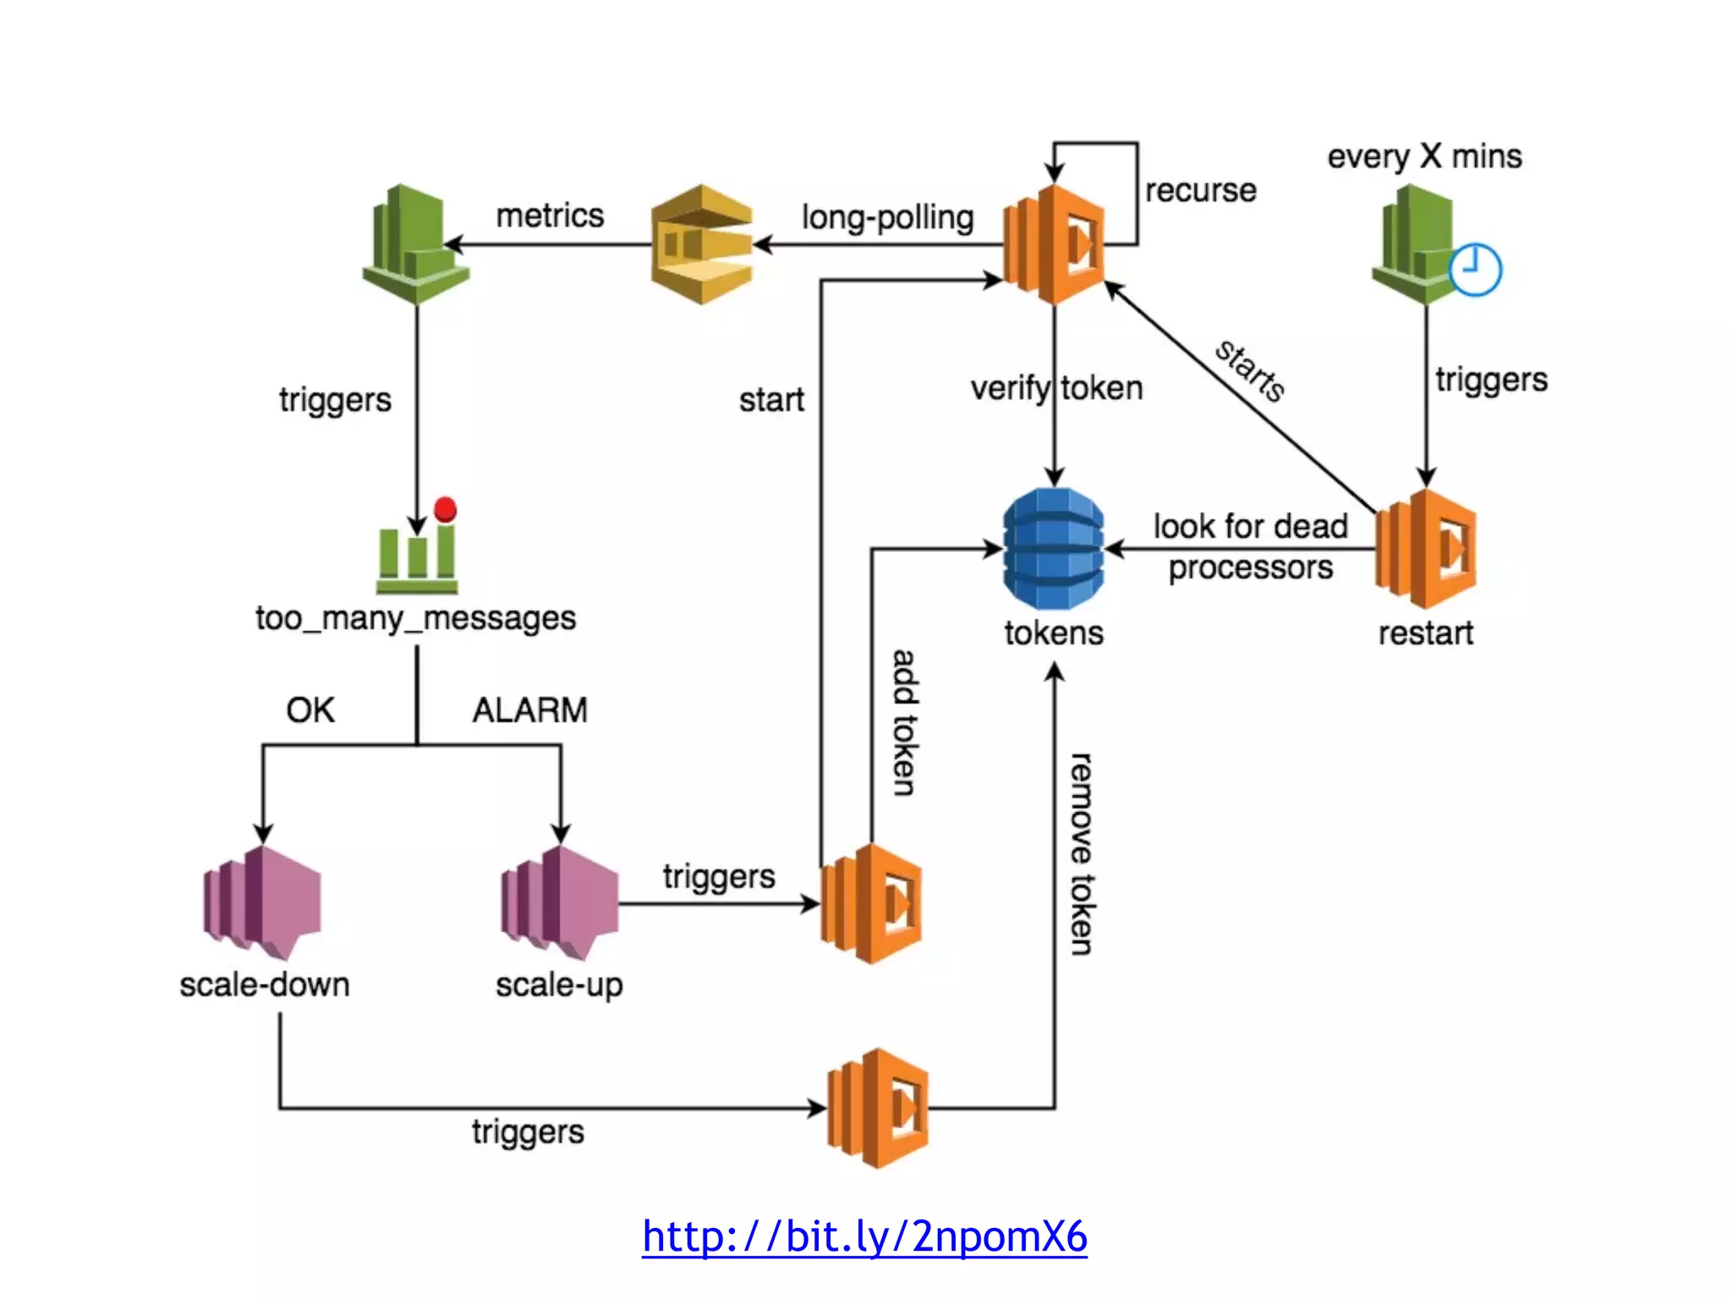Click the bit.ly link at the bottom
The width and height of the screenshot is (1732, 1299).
(x=864, y=1236)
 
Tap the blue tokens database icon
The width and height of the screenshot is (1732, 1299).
(x=1053, y=549)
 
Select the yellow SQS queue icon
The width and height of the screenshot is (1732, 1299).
(x=702, y=244)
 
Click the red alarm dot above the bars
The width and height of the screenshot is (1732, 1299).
(x=445, y=509)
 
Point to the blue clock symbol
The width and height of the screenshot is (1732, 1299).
(x=1475, y=270)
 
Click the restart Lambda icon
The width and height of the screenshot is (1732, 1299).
(x=1427, y=549)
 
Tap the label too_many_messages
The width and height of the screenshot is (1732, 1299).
(x=415, y=618)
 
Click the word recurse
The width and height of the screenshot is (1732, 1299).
(x=1200, y=190)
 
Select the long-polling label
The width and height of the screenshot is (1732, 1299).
(x=887, y=217)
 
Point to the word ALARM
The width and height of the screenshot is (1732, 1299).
(x=529, y=710)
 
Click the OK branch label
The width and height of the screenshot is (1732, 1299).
(x=310, y=710)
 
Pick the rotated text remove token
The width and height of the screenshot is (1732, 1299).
(x=1080, y=854)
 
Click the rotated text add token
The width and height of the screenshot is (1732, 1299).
(x=904, y=723)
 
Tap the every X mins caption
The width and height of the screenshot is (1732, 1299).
(x=1424, y=156)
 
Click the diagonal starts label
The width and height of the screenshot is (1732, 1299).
(x=1250, y=370)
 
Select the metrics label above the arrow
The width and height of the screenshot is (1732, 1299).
(x=550, y=216)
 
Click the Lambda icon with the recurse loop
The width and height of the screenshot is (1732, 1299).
(x=1054, y=244)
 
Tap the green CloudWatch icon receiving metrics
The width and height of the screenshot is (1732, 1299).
(x=415, y=244)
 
